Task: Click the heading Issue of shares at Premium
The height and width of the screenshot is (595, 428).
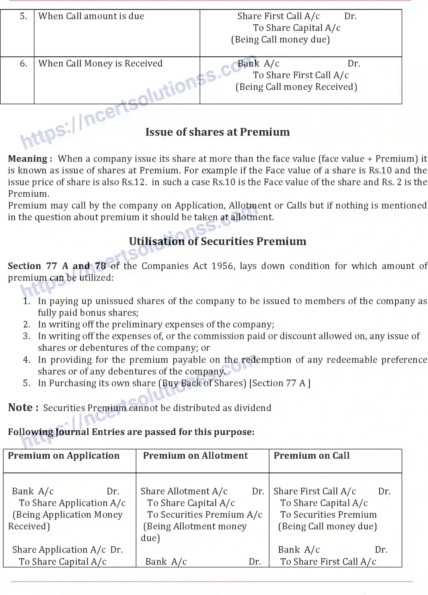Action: click(218, 132)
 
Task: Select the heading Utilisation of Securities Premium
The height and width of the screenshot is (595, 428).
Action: click(218, 241)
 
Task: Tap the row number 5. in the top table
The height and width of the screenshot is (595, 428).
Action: click(24, 16)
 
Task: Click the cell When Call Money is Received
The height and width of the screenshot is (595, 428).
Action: click(100, 64)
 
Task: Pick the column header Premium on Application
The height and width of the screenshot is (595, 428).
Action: click(64, 456)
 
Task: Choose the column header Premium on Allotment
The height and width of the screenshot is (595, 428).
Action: click(195, 456)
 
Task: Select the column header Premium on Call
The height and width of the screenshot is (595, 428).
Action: click(311, 456)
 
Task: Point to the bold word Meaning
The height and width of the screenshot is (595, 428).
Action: click(28, 159)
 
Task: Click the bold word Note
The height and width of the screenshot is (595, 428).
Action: click(20, 407)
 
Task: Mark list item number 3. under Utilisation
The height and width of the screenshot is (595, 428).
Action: click(27, 336)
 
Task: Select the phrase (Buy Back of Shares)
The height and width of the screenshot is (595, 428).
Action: click(202, 383)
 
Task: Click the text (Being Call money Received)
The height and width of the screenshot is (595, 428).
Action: click(296, 87)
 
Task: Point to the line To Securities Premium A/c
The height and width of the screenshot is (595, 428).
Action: click(205, 515)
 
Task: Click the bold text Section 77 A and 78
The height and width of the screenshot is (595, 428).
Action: click(57, 266)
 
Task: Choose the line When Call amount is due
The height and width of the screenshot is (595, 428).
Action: click(91, 16)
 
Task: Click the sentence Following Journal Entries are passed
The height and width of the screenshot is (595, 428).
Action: click(131, 432)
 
